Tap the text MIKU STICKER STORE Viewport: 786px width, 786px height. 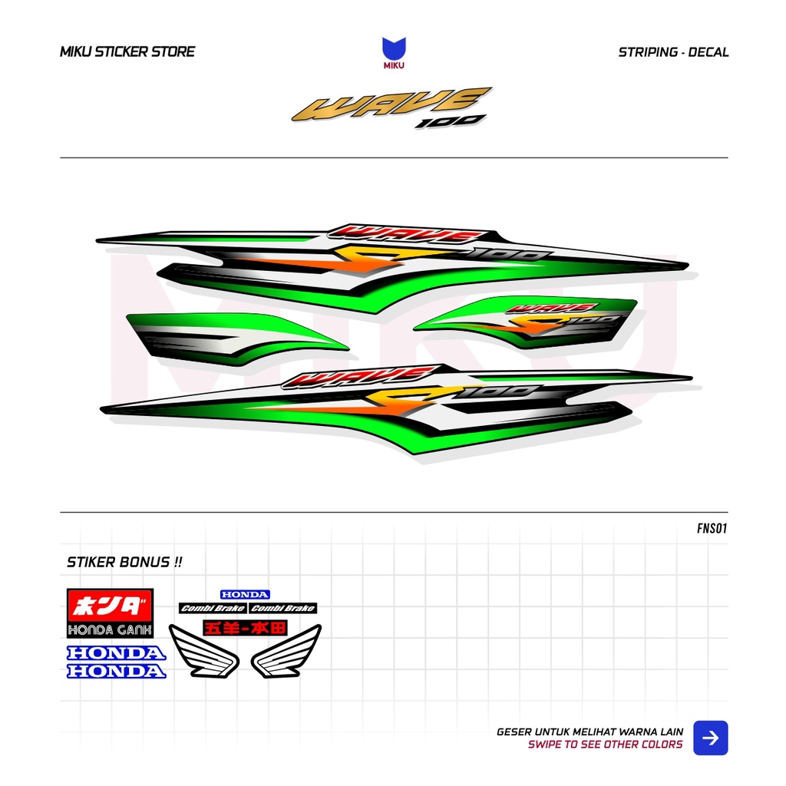tap(127, 52)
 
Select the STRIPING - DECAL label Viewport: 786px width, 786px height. tap(673, 52)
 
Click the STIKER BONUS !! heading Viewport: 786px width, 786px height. tap(125, 562)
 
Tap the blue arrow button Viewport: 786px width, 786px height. tap(711, 738)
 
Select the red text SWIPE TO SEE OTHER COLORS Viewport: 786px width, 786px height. tap(605, 745)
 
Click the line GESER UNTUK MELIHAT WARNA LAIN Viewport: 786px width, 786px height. tap(589, 732)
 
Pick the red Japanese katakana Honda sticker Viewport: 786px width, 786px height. tap(110, 606)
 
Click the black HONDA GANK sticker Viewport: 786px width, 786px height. tap(110, 630)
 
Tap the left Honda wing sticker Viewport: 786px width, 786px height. tap(203, 651)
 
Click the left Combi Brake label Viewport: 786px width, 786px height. tap(213, 609)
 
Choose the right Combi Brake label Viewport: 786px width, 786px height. tap(282, 609)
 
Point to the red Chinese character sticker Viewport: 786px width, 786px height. tap(245, 627)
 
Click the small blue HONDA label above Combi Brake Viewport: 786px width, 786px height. tap(245, 594)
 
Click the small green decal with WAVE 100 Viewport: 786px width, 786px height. tap(530, 319)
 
